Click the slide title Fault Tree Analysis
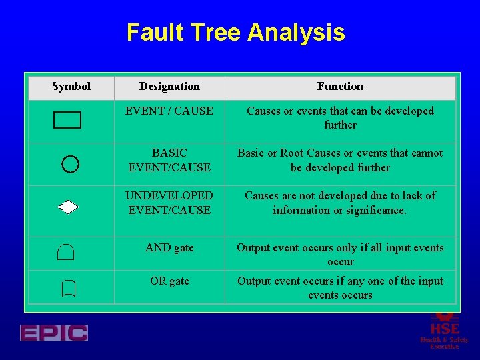pyautogui.click(x=235, y=33)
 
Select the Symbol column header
pyautogui.click(x=71, y=87)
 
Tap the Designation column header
pyautogui.click(x=169, y=87)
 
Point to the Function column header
pyautogui.click(x=340, y=87)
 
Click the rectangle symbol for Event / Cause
pyautogui.click(x=67, y=120)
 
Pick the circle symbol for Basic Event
pyautogui.click(x=70, y=163)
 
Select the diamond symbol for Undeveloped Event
pyautogui.click(x=68, y=207)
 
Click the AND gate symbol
pyautogui.click(x=66, y=252)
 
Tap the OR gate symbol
pyautogui.click(x=68, y=289)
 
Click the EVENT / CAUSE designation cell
pyautogui.click(x=169, y=111)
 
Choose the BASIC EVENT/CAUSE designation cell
pyautogui.click(x=169, y=160)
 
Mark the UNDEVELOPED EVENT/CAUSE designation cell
pyautogui.click(x=169, y=203)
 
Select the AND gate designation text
pyautogui.click(x=169, y=248)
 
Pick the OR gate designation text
pyautogui.click(x=169, y=281)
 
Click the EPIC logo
pyautogui.click(x=54, y=333)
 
